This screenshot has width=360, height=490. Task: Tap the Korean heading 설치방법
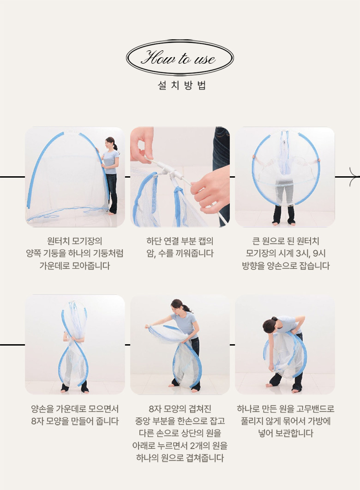click(182, 85)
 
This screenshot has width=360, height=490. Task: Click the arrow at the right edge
click(354, 177)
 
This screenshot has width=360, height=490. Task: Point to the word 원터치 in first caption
click(58, 241)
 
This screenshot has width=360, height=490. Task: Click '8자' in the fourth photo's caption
click(37, 421)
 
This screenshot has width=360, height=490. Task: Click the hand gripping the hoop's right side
click(318, 160)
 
